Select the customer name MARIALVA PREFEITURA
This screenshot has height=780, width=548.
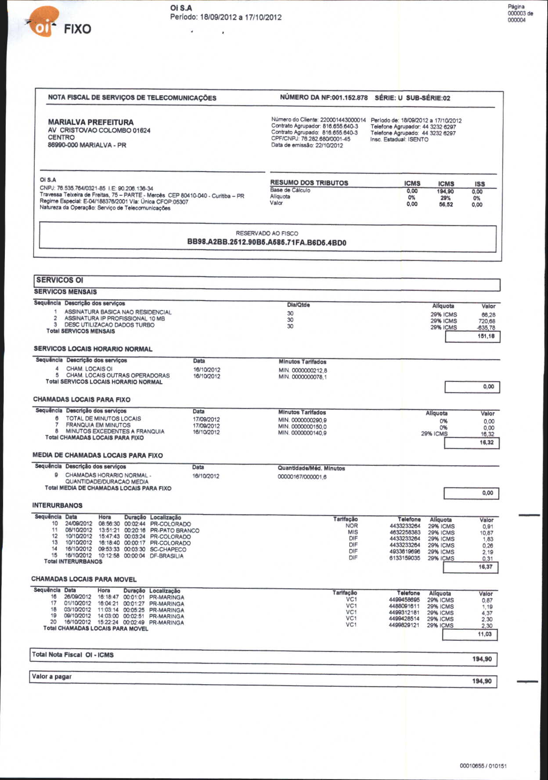point(90,122)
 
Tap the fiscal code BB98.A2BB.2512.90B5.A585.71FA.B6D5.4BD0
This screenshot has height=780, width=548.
point(267,242)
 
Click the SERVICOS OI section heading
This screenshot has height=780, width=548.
point(60,280)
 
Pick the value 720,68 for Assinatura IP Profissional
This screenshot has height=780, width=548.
point(487,321)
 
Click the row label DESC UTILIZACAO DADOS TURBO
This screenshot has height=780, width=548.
point(109,325)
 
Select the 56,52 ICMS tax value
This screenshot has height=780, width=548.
point(446,204)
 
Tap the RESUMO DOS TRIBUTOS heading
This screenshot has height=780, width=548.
point(309,183)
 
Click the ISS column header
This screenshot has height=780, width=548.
point(479,184)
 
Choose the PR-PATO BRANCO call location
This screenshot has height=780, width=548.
point(175,530)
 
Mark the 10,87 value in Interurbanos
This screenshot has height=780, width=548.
point(487,533)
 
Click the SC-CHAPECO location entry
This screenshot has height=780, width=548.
point(168,549)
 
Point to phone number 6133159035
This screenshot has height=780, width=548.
point(405,558)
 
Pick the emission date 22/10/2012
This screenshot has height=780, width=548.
point(329,145)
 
